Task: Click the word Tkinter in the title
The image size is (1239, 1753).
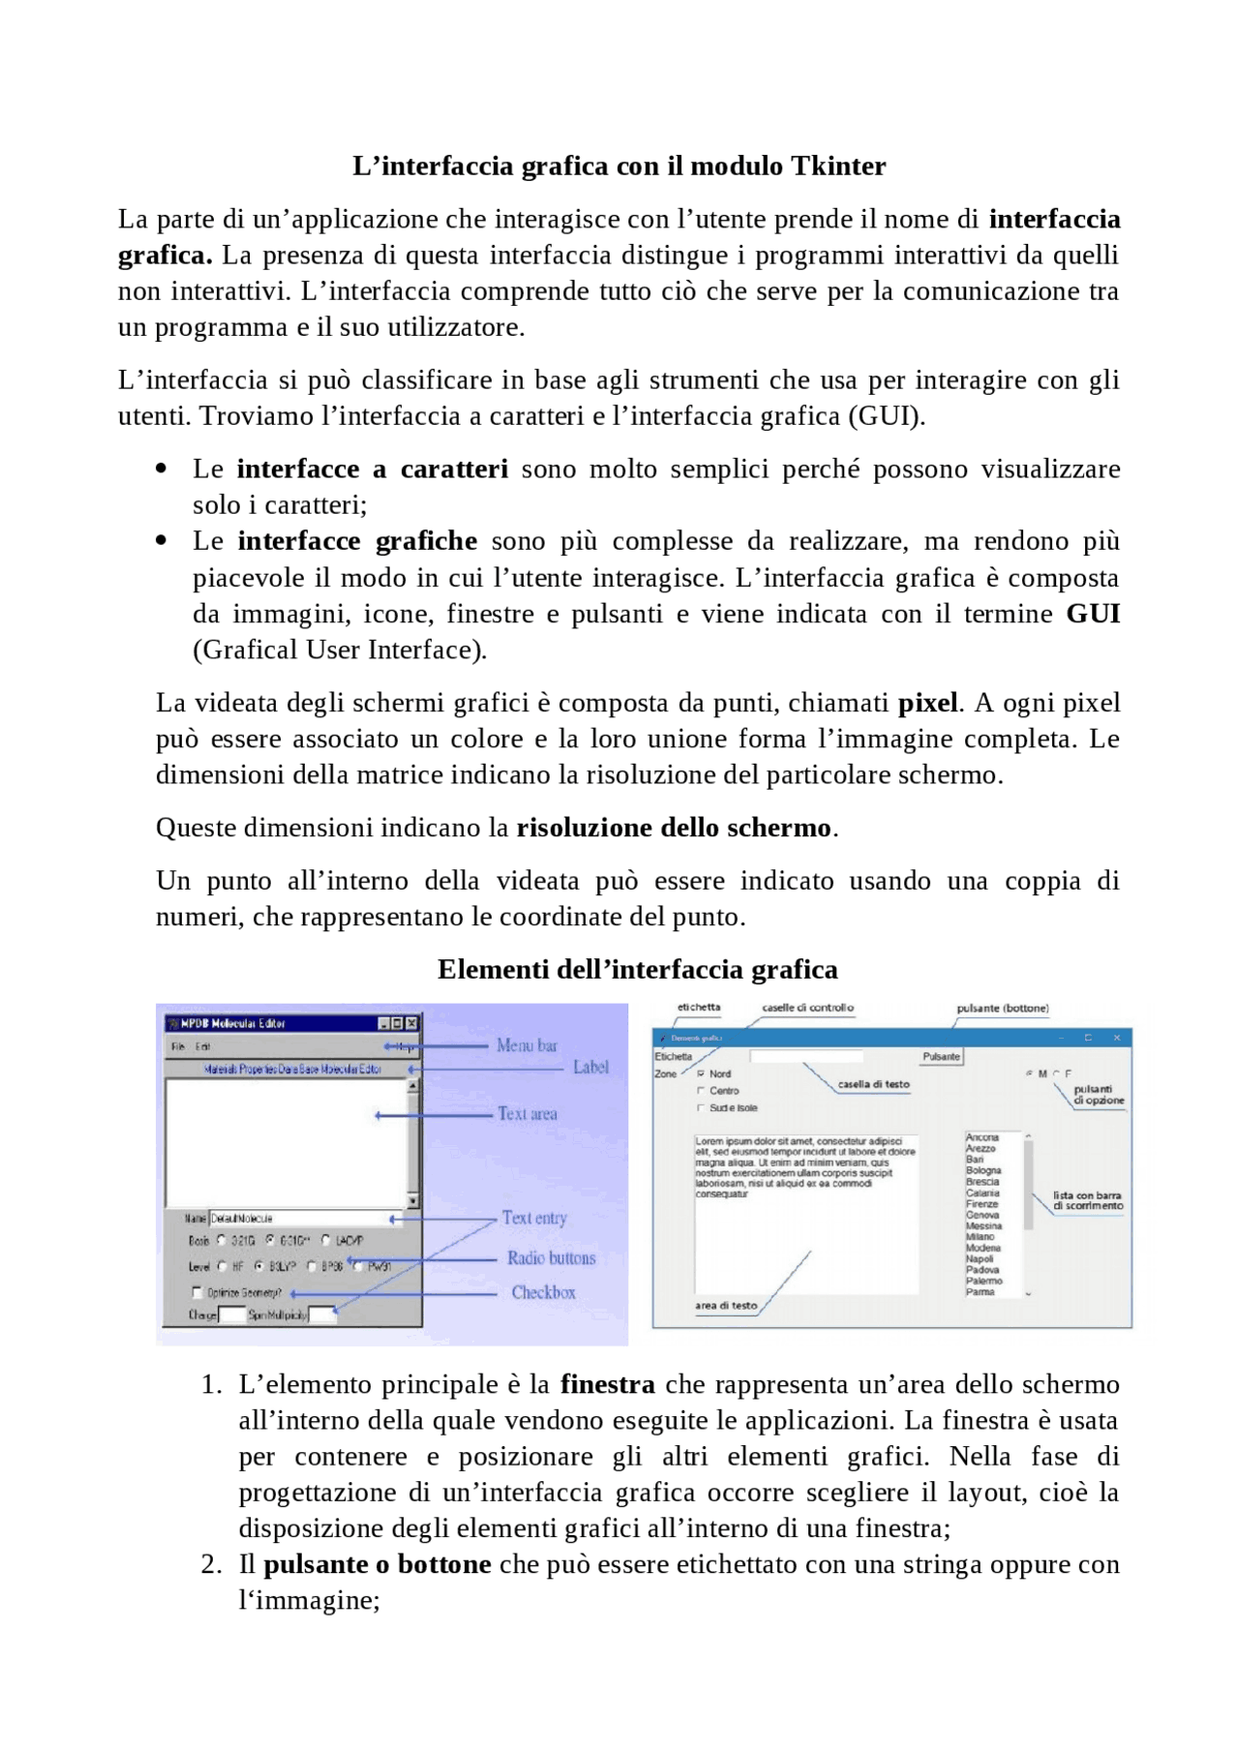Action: click(x=837, y=166)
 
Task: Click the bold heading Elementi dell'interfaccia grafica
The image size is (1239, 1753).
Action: click(x=637, y=969)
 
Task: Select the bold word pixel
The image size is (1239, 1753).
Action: click(x=927, y=702)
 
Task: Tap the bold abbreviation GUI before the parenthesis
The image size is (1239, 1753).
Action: click(x=1093, y=614)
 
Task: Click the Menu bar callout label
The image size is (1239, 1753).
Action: click(x=527, y=1045)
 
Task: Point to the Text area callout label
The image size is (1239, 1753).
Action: click(x=528, y=1113)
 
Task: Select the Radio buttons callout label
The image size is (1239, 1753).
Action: click(x=551, y=1257)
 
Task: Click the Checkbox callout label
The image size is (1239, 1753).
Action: click(x=543, y=1292)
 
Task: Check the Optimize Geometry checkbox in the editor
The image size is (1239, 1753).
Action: click(x=197, y=1292)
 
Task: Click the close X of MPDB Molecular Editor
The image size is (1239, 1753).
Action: click(x=411, y=1023)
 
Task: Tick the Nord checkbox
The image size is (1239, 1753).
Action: click(x=701, y=1073)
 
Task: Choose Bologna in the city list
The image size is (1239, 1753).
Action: click(x=983, y=1170)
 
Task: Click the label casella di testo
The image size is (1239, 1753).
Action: click(x=873, y=1084)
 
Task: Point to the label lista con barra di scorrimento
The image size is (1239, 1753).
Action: click(x=1088, y=1200)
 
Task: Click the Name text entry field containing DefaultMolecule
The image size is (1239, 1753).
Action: click(x=298, y=1219)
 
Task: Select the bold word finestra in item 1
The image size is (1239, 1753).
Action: click(x=607, y=1384)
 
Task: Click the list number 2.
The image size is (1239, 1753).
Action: click(x=211, y=1564)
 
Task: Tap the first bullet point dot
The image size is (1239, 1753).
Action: click(x=161, y=469)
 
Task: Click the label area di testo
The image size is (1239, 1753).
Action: click(x=726, y=1305)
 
